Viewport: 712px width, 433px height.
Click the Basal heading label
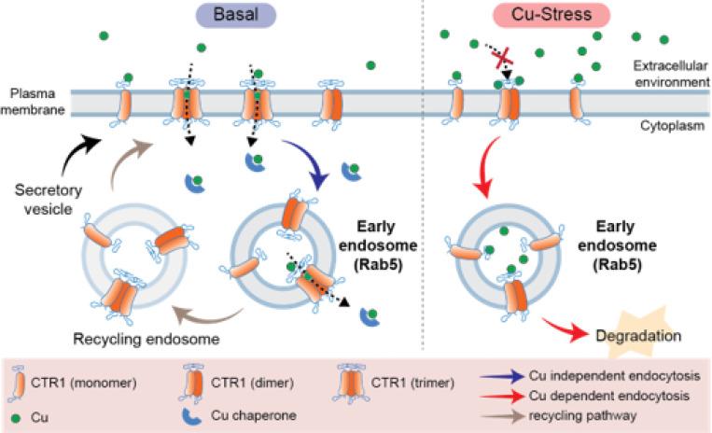coord(236,15)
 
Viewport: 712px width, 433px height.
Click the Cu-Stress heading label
coord(551,15)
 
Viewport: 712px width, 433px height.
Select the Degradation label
coord(638,336)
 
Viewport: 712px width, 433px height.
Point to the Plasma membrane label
coord(33,102)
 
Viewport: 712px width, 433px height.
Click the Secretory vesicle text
coord(49,200)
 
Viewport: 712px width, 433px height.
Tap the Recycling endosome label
coord(147,339)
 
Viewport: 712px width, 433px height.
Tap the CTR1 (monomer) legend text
coord(84,383)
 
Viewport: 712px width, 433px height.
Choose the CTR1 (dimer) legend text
coord(252,383)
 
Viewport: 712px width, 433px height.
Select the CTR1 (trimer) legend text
coord(412,383)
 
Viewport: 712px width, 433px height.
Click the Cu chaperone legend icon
coord(191,416)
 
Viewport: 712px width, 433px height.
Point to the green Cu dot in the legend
coord(18,417)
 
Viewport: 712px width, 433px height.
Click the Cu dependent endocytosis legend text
coord(609,396)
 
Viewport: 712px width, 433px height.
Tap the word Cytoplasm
coord(672,126)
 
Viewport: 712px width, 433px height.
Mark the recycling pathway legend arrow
coord(503,415)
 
